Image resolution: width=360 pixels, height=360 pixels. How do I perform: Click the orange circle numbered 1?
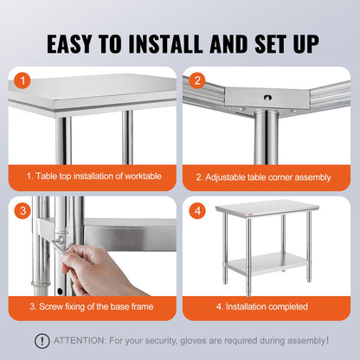(24, 80)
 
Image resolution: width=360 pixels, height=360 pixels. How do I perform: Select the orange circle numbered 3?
(24, 209)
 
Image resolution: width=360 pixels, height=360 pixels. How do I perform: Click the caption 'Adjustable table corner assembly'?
(263, 177)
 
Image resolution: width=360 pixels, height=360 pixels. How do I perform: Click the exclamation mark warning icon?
(42, 341)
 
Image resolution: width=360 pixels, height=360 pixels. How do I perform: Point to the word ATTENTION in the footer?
(79, 341)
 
